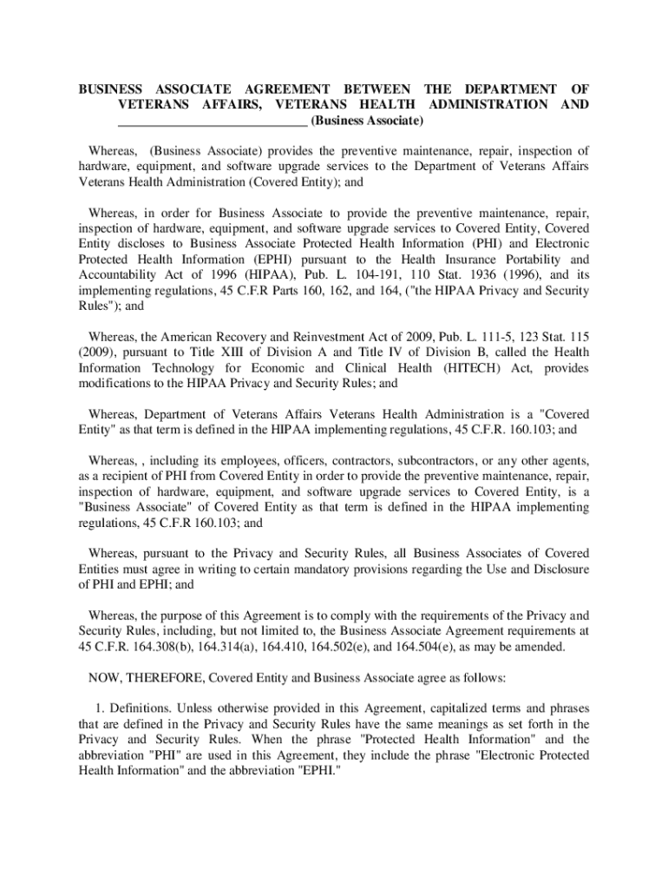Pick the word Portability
click(532, 260)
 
